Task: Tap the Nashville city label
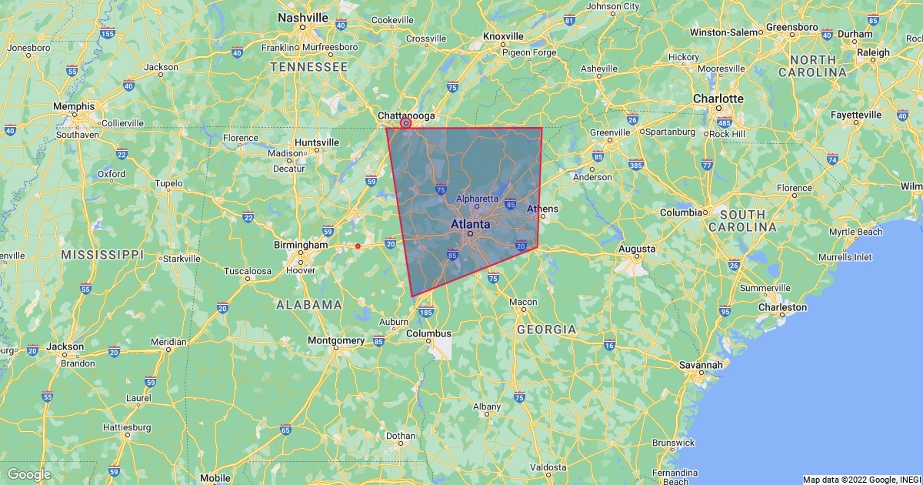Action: click(303, 18)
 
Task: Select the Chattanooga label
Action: click(406, 115)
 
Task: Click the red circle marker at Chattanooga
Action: click(406, 123)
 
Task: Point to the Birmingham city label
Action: click(301, 245)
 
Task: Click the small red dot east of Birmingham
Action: click(358, 246)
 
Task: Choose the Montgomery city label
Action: click(335, 340)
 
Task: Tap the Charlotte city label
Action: click(718, 99)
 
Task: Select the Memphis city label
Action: click(74, 106)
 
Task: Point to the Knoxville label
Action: click(503, 36)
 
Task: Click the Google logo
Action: click(28, 474)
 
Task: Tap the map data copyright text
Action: click(861, 480)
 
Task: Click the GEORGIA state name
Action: click(546, 329)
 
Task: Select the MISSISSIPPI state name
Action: click(102, 254)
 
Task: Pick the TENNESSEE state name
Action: click(308, 68)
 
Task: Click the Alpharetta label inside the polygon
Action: click(477, 199)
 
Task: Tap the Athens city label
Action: click(542, 209)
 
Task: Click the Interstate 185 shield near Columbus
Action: click(425, 313)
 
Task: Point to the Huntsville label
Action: click(316, 142)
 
